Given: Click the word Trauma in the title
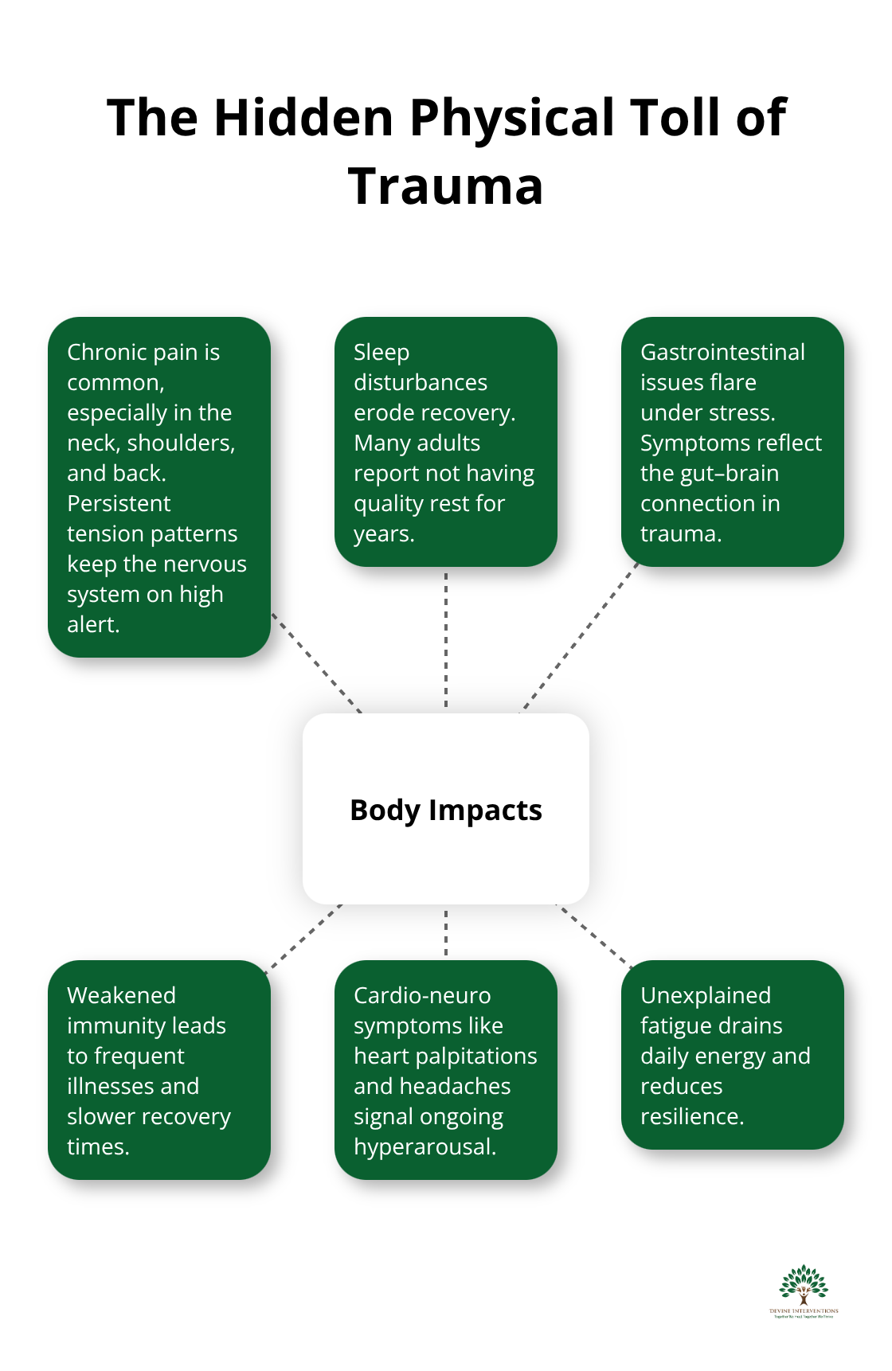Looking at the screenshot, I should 445,186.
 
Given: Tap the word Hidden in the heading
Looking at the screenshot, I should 303,118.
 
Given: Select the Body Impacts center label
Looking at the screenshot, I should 445,810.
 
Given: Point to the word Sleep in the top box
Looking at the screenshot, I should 381,352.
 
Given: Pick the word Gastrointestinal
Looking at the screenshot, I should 722,352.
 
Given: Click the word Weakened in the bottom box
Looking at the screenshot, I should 121,995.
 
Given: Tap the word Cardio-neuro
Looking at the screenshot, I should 422,995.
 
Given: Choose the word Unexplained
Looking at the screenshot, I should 705,995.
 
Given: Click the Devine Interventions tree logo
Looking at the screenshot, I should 804,1290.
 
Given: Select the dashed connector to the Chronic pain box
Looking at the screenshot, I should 317,662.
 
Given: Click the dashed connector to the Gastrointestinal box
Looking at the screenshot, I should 580,639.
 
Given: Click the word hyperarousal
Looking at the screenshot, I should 424,1146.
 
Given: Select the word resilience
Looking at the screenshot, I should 691,1116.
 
